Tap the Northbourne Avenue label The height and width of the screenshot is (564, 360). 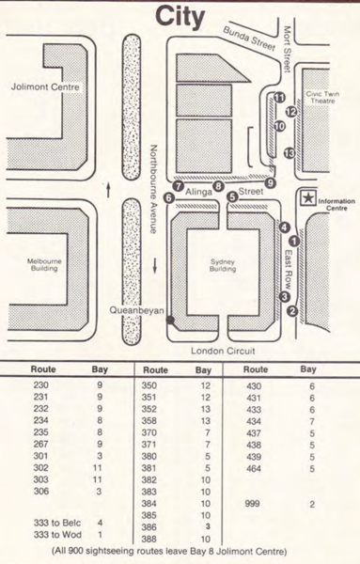click(x=158, y=188)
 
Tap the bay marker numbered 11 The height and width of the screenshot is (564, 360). click(x=279, y=97)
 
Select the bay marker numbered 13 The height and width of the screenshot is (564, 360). click(x=290, y=152)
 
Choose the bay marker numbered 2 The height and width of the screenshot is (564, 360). click(x=292, y=311)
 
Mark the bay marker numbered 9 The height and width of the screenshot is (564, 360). click(x=271, y=183)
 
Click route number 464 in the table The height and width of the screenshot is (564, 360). click(x=254, y=466)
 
